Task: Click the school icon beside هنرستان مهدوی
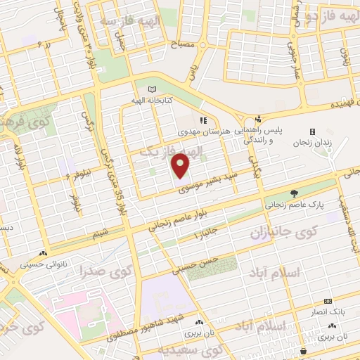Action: pos(203,121)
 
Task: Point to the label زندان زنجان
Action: pos(314,143)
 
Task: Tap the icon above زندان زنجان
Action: pos(312,131)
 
